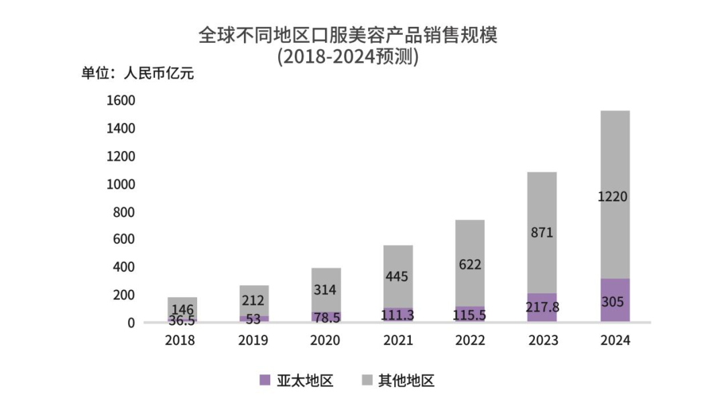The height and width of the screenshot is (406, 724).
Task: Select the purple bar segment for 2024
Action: tap(615, 301)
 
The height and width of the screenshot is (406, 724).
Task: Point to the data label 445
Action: tap(398, 276)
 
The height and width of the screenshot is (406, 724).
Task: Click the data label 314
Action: tap(325, 290)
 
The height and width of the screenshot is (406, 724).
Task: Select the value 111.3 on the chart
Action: tap(398, 315)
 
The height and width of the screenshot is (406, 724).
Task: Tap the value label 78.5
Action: tap(325, 316)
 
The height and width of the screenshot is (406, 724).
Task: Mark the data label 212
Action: tap(253, 300)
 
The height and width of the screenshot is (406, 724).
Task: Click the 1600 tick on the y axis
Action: tap(121, 101)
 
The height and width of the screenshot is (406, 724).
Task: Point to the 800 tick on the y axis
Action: tap(125, 212)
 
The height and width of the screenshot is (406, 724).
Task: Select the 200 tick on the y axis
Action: tap(125, 295)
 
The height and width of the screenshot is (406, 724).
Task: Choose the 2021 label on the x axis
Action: tap(398, 341)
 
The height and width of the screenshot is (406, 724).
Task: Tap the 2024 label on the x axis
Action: tap(615, 341)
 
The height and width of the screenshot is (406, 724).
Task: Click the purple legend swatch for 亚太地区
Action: tap(265, 381)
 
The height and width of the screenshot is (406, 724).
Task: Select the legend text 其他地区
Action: tap(406, 381)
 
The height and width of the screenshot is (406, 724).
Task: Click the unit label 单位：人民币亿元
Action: tap(137, 74)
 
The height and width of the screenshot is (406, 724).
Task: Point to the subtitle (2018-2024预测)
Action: tap(348, 57)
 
